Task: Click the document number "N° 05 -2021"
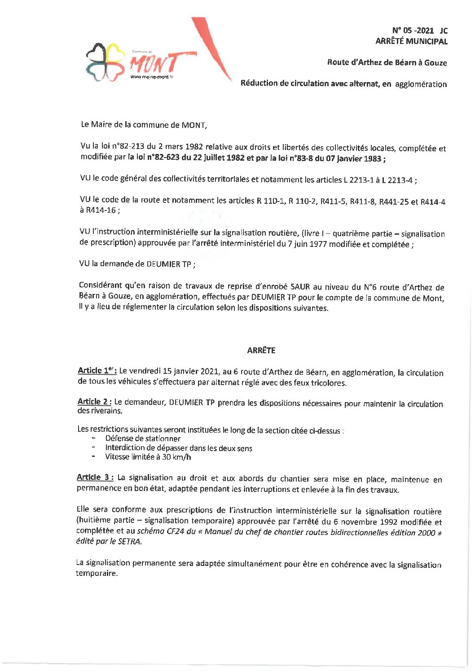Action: (x=413, y=31)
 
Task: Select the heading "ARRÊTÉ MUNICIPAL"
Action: (x=411, y=41)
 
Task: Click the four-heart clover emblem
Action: (x=106, y=61)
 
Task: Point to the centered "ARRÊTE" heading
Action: (x=261, y=351)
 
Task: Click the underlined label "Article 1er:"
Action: (x=97, y=371)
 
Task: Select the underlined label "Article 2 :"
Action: (x=94, y=402)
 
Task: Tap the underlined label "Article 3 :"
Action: (x=95, y=478)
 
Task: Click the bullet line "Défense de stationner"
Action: (x=143, y=439)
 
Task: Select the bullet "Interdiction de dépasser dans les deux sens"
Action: (x=178, y=448)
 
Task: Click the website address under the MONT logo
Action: (x=152, y=77)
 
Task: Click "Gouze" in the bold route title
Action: (x=435, y=63)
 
